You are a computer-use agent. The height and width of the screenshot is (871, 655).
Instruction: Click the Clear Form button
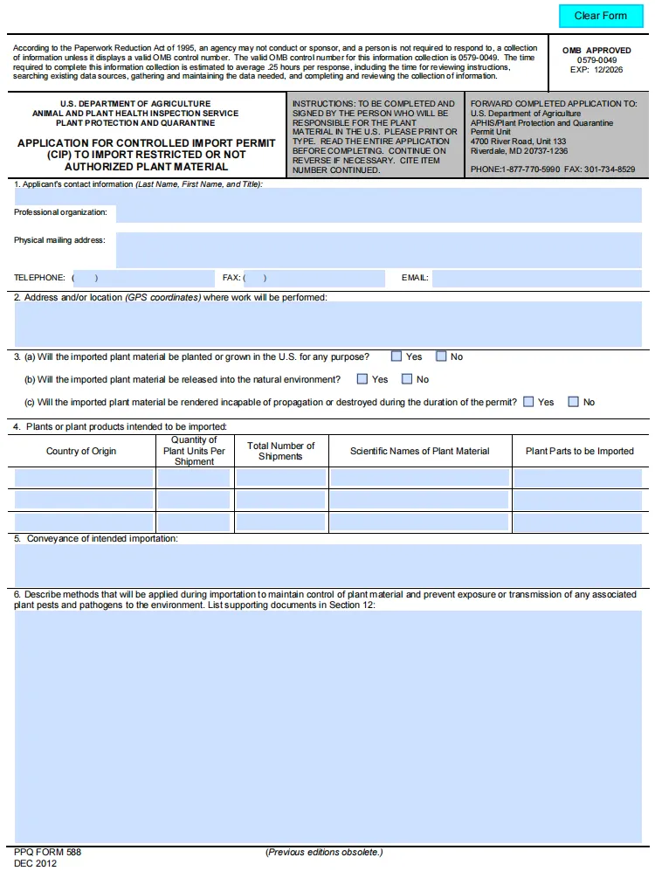tap(600, 16)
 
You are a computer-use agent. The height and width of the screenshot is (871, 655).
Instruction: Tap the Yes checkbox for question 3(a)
tap(396, 356)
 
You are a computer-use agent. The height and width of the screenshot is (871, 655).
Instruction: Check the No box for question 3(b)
tap(407, 379)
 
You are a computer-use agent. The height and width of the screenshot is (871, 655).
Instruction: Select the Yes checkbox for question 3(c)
tap(528, 402)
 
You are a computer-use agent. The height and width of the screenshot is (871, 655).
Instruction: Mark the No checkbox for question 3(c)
tap(573, 402)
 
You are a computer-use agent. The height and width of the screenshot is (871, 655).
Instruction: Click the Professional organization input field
tap(378, 212)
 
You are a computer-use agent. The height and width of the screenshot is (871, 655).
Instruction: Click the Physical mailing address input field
tap(378, 249)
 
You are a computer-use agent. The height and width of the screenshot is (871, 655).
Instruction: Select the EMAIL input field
tap(536, 279)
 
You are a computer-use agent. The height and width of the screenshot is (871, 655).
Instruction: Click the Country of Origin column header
tap(81, 452)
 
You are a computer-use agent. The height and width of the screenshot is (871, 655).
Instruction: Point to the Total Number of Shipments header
tap(280, 451)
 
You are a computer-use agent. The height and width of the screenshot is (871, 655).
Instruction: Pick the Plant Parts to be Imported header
tap(579, 452)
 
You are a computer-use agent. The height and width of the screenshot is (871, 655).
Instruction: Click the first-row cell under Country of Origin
tap(82, 477)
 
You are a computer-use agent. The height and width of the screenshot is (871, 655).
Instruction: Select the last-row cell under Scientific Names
tap(419, 522)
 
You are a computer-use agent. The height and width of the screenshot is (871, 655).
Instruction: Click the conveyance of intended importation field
tap(327, 566)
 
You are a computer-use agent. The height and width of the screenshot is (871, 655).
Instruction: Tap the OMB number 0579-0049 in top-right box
tap(596, 60)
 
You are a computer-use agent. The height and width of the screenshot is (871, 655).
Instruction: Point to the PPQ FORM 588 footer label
tap(47, 852)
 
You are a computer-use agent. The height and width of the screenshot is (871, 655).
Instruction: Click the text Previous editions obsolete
tap(324, 853)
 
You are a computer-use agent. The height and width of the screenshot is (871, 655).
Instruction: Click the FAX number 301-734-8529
tap(610, 169)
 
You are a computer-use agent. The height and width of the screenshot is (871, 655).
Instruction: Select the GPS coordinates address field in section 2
tap(327, 324)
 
